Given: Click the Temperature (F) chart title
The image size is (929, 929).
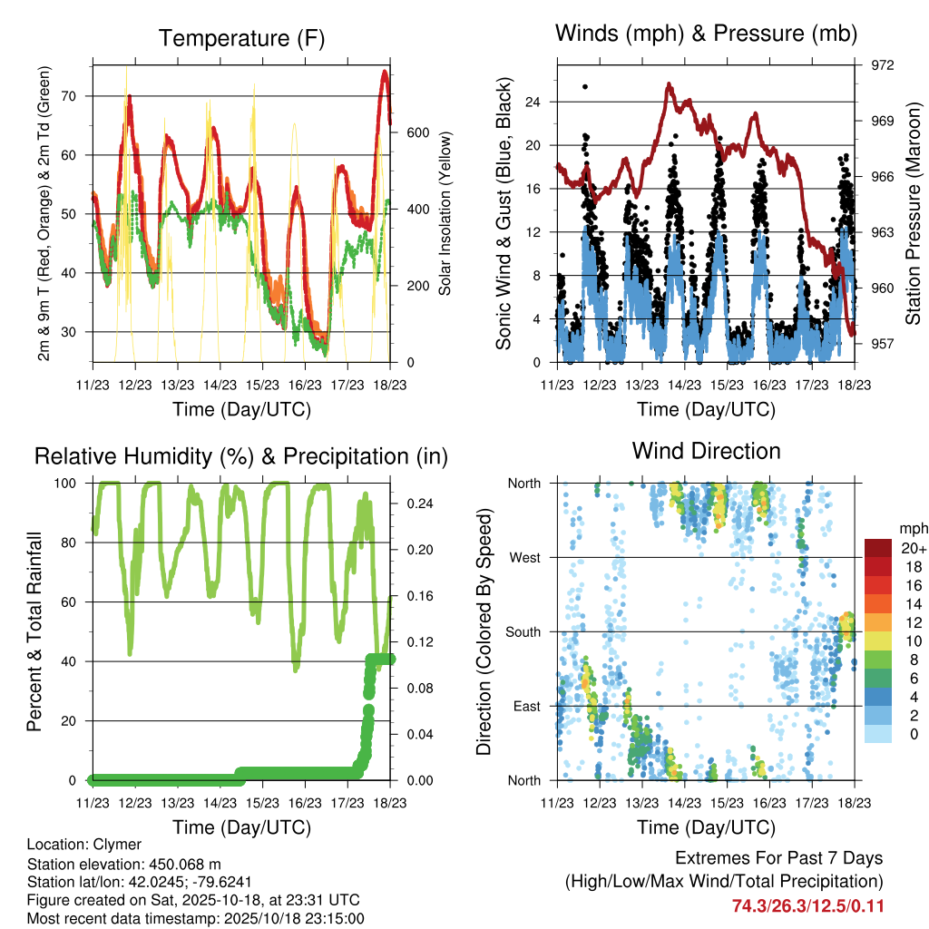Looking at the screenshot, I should click(241, 38).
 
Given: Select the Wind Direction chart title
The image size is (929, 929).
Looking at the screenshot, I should click(706, 450).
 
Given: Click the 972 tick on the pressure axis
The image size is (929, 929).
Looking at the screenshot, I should click(883, 65).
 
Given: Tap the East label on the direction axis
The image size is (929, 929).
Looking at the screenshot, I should click(524, 706).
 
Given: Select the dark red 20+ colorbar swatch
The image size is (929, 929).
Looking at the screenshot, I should click(877, 548).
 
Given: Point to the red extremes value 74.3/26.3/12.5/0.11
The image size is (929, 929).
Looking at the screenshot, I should click(807, 906).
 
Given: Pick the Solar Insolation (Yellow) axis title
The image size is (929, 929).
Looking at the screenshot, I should click(445, 213).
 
